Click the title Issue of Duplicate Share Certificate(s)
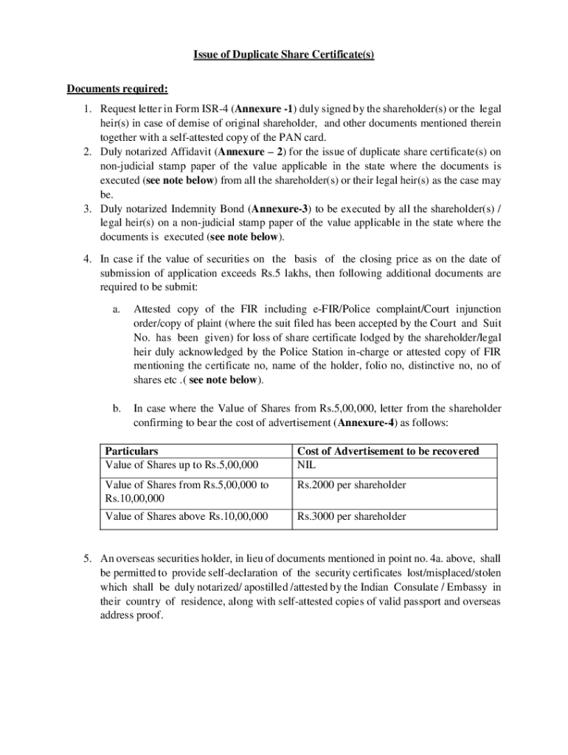tap(284, 55)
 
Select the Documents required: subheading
tap(117, 89)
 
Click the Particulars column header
tap(131, 450)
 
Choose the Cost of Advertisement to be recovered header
tap(387, 450)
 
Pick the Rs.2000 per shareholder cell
tap(351, 485)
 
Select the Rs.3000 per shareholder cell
tap(351, 516)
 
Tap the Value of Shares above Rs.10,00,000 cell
tap(187, 516)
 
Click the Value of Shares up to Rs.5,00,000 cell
tap(182, 465)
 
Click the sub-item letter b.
tap(117, 408)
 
